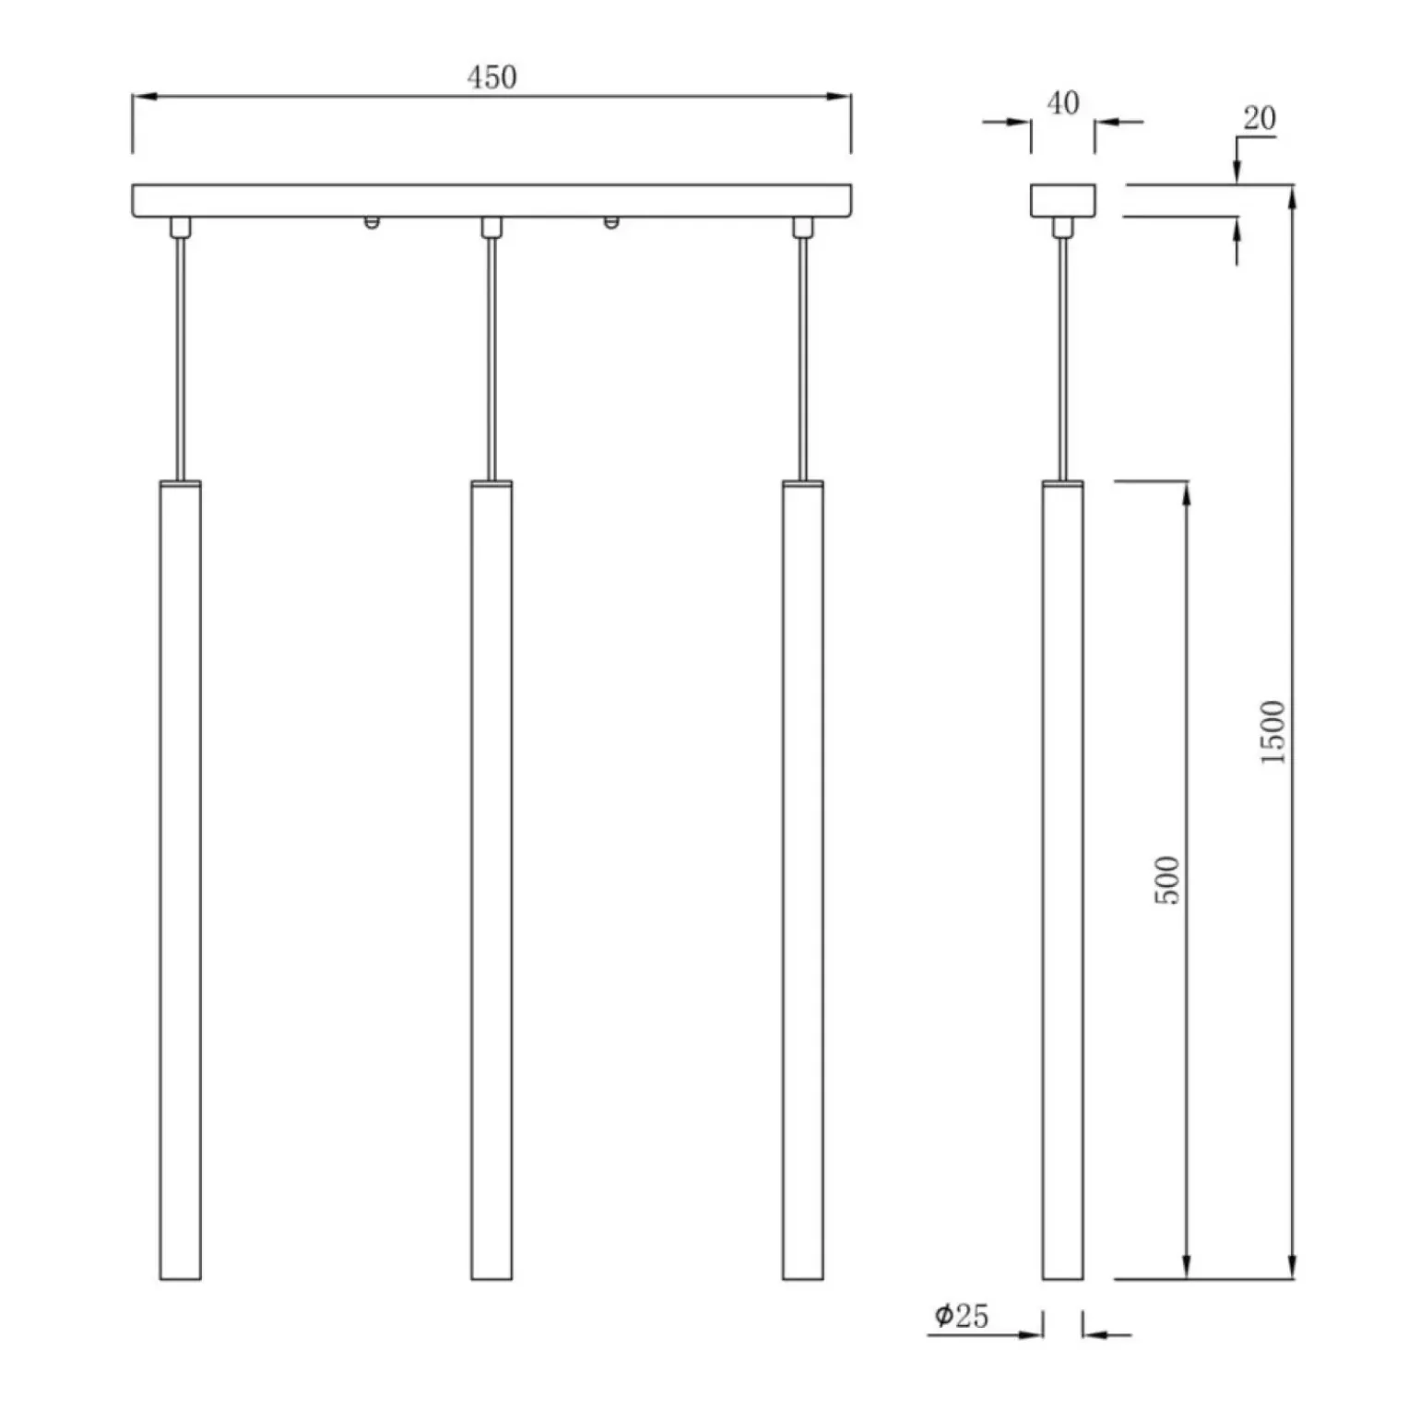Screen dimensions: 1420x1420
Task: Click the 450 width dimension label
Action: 491,77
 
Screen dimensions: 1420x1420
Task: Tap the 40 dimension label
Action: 1062,102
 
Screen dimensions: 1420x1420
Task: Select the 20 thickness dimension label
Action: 1259,118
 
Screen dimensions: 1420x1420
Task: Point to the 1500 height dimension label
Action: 1272,731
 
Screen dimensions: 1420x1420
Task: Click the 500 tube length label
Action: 1167,880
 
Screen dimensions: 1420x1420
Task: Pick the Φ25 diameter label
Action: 961,1316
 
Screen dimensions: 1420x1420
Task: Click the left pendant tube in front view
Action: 180,880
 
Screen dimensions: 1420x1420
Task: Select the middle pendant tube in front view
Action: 491,880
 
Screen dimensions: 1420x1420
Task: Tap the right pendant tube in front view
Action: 802,880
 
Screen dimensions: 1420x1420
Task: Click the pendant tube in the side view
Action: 1062,880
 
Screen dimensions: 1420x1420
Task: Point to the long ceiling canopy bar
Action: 491,200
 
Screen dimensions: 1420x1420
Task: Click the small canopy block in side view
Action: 1062,200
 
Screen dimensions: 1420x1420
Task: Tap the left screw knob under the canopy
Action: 371,222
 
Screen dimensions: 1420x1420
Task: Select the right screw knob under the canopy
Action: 610,222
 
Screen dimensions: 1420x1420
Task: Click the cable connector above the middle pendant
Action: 491,227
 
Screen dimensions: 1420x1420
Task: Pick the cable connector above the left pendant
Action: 180,227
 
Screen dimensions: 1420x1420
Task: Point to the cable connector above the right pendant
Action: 802,227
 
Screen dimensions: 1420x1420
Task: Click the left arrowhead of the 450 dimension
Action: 144,96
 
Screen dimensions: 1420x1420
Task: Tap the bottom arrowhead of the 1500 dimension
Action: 1292,1267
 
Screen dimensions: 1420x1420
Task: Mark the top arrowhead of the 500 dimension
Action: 1187,493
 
